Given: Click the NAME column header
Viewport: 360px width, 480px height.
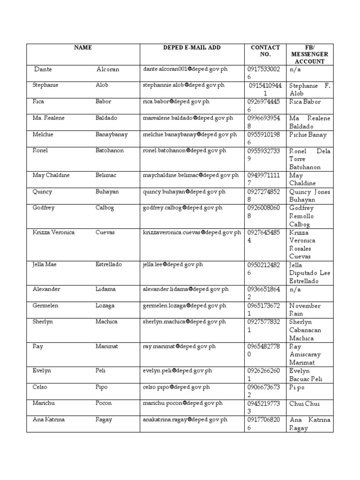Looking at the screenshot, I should click(82, 47).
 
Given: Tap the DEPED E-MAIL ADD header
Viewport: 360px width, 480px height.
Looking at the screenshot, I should click(192, 47).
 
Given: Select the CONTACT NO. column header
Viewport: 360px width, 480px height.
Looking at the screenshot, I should click(265, 51).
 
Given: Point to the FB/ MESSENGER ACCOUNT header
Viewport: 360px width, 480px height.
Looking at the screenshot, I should click(309, 54).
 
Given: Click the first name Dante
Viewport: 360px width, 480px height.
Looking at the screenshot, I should click(43, 69).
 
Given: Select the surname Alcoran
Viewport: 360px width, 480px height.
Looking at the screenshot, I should click(108, 69).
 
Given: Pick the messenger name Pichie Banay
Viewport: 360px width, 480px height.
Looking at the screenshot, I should click(308, 135).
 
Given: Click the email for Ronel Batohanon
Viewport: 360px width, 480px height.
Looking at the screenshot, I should click(184, 151).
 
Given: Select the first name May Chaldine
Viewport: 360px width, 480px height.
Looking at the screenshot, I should click(51, 175).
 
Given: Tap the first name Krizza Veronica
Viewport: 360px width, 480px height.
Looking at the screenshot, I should click(53, 232).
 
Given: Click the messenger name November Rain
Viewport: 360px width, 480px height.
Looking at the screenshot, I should click(305, 309).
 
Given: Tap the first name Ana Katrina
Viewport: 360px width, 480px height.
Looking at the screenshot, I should click(49, 420).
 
